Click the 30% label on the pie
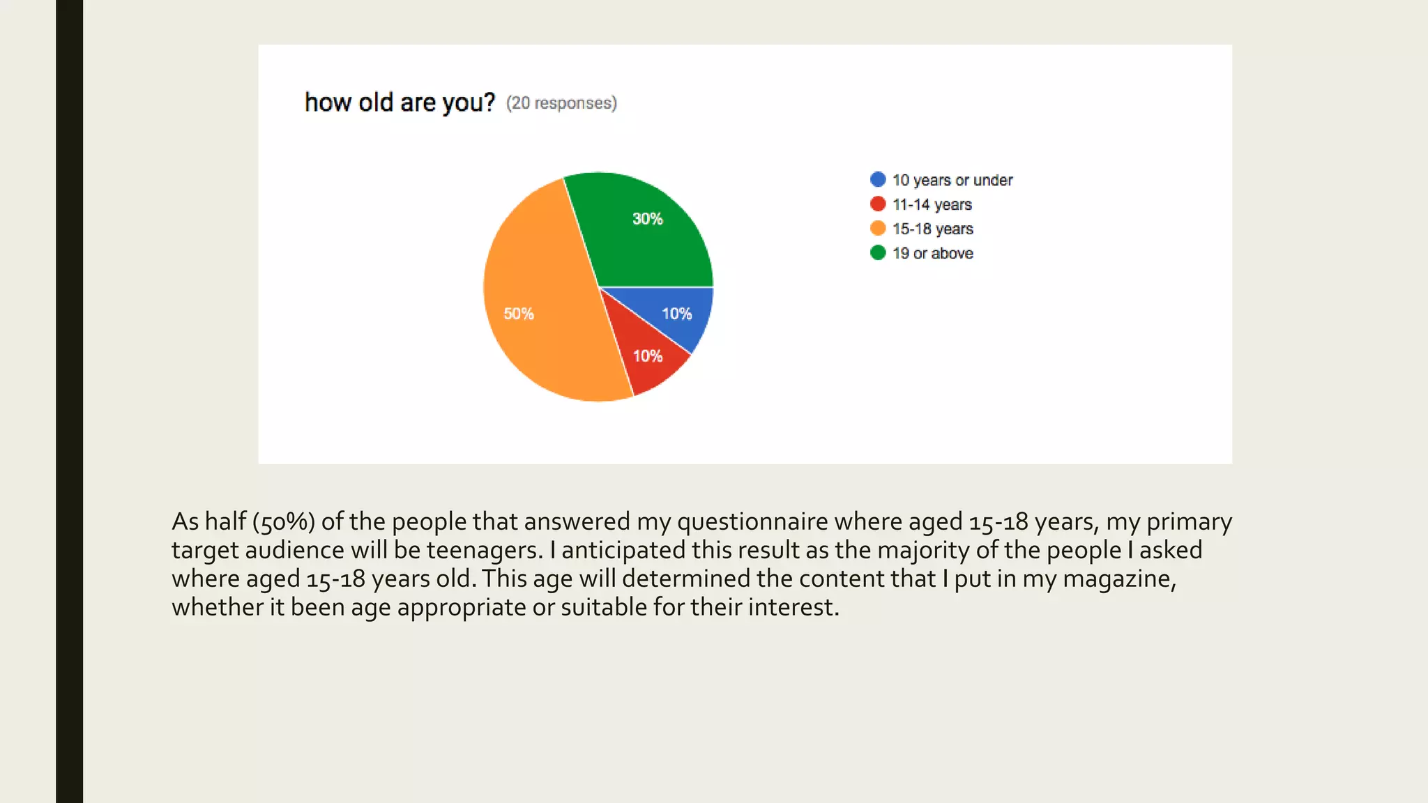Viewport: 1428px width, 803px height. tap(647, 219)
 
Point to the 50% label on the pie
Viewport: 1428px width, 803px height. tap(519, 314)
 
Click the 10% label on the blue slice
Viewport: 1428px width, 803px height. tap(676, 314)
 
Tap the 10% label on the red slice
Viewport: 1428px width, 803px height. tap(647, 356)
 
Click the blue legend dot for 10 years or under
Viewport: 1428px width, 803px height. tap(878, 179)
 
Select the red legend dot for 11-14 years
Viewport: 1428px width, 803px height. tap(878, 204)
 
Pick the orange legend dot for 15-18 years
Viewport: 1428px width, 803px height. tap(878, 228)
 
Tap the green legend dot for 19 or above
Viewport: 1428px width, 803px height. tap(878, 252)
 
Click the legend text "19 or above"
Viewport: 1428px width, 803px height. tap(932, 253)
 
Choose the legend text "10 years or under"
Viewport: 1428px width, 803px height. tap(952, 180)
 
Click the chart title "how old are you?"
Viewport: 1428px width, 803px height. tap(400, 102)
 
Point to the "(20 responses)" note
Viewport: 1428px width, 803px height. tap(561, 103)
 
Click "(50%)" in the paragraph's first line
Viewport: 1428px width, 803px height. tap(283, 521)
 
